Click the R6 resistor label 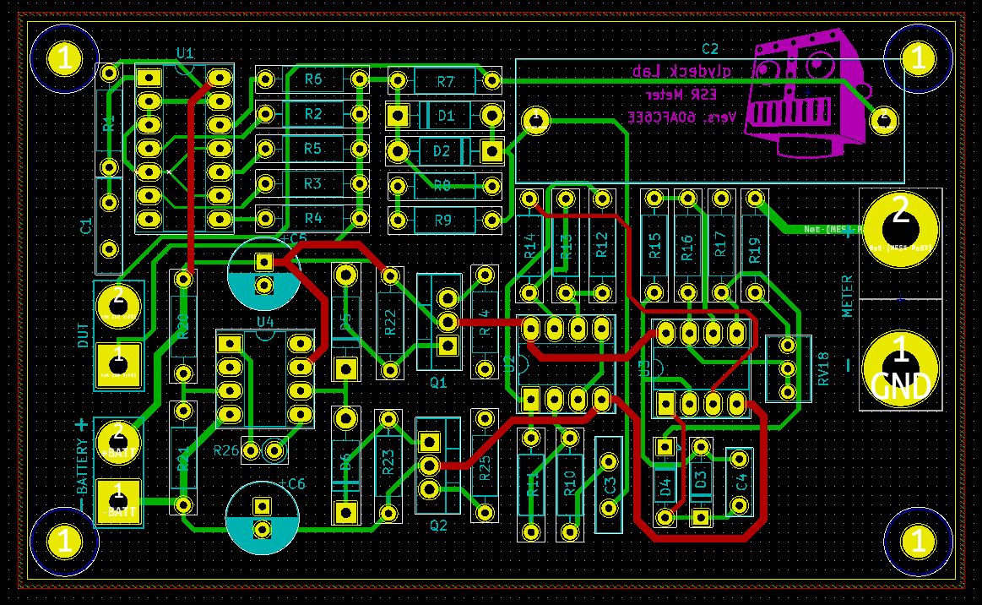(313, 79)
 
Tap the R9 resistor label (443, 221)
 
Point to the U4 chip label (265, 321)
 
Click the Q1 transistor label (438, 383)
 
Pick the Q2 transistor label (438, 525)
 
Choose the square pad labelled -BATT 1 (117, 501)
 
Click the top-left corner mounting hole (65, 59)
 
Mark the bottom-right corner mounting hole (916, 541)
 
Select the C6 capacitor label (293, 483)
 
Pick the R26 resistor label (226, 450)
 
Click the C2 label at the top (709, 49)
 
